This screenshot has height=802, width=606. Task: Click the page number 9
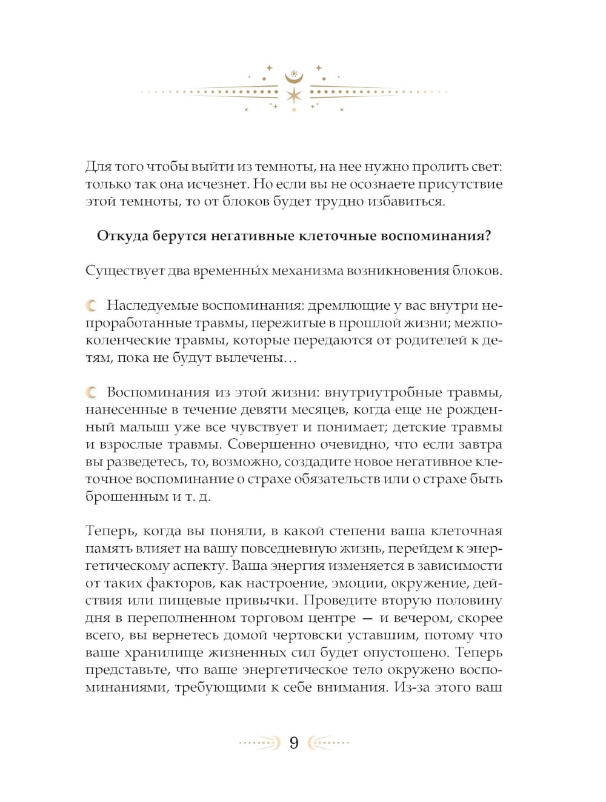tap(294, 743)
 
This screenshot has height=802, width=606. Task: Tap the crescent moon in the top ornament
tap(294, 78)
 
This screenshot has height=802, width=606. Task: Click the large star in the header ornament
tap(294, 95)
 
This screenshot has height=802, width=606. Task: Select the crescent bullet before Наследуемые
tap(92, 306)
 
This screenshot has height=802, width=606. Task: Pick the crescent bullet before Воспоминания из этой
tap(92, 393)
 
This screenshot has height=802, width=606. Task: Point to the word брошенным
tap(126, 496)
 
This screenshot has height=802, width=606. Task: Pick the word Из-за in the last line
tap(412, 687)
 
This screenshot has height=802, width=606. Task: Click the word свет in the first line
tap(485, 167)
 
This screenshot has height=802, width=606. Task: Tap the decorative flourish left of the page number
tap(260, 743)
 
